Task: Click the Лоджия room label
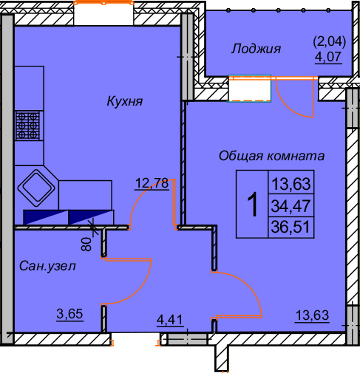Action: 256,49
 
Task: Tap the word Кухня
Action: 123,101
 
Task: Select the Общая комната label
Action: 271,156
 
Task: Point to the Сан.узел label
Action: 47,268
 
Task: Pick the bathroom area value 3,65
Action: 69,313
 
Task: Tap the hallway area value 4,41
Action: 169,320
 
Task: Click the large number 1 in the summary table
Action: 252,205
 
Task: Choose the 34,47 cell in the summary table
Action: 291,205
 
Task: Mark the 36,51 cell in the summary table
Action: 291,227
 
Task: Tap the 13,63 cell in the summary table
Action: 291,183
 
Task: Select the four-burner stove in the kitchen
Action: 28,125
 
